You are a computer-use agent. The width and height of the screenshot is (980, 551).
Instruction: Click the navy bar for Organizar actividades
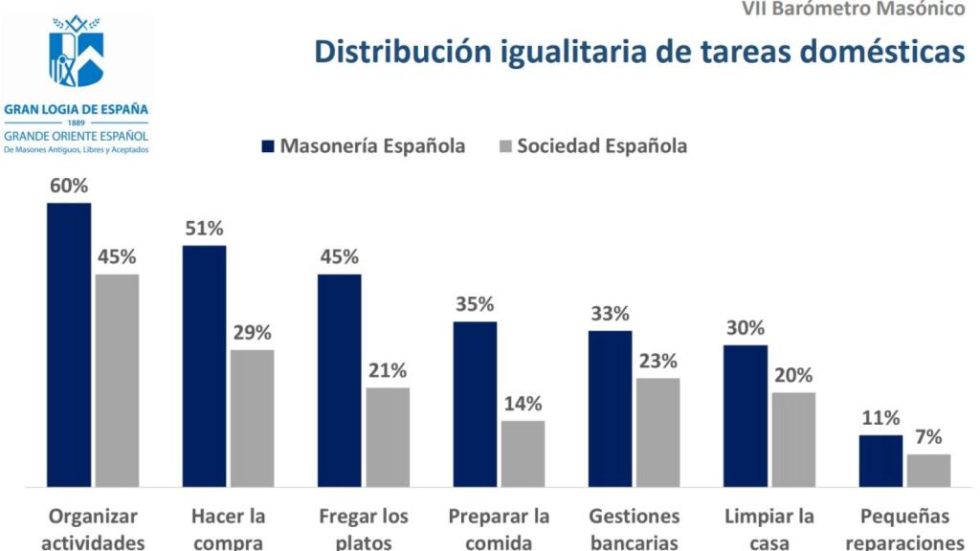[x=69, y=344]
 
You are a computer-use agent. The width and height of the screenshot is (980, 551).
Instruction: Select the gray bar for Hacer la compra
[x=252, y=418]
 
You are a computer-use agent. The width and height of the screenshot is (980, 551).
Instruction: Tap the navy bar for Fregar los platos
[x=340, y=380]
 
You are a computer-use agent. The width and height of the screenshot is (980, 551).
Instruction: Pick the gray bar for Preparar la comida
[x=523, y=453]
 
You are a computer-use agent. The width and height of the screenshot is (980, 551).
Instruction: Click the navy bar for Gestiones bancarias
[x=610, y=408]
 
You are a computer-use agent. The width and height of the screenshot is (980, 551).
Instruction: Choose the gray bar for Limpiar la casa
[x=793, y=439]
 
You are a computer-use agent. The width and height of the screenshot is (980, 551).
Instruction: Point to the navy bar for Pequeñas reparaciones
[x=880, y=461]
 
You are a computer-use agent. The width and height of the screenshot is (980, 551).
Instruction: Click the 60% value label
[x=69, y=186]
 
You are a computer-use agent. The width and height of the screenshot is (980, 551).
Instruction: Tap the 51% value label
[x=204, y=229]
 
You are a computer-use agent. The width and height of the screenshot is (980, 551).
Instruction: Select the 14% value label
[x=523, y=404]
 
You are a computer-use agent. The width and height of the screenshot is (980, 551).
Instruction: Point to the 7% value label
[x=928, y=437]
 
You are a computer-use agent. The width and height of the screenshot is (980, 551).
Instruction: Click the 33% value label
[x=610, y=314]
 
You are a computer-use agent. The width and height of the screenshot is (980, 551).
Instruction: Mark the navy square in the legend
[x=269, y=146]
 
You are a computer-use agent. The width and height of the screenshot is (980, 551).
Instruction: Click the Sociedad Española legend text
[x=602, y=146]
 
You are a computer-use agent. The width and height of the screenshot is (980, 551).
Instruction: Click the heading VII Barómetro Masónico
[x=854, y=10]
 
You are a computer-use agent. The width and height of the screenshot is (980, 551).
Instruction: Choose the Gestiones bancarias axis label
[x=635, y=529]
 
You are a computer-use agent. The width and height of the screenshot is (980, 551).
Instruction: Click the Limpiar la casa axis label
[x=769, y=529]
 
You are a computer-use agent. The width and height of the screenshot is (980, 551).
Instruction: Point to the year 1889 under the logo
[x=77, y=123]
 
